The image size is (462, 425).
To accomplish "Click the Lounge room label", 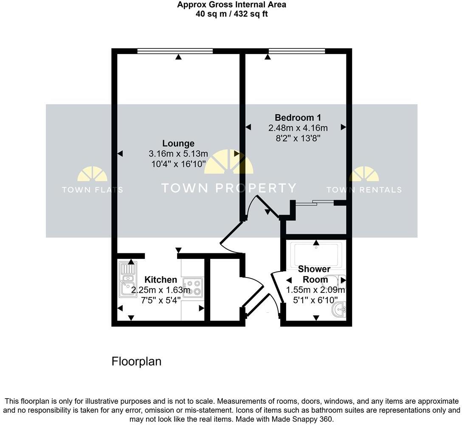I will coord(178,144).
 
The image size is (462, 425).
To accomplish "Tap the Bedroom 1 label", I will coord(298,118).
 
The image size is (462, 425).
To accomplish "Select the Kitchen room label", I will coord(161,280).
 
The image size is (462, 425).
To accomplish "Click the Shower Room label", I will coord(314,274).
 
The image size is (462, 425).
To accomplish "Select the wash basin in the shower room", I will coord(340,310).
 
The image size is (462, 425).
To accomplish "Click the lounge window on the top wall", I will coord(175,51).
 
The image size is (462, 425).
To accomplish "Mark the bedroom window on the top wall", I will coord(297,51).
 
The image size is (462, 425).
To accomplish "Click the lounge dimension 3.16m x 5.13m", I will coord(178,154).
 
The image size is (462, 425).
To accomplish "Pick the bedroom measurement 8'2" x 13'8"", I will coord(298,138).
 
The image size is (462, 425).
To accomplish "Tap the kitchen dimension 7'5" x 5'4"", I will coord(161,300).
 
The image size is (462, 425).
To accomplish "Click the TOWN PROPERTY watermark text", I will coord(228,188).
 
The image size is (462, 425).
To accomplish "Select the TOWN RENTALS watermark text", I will coord(364,190).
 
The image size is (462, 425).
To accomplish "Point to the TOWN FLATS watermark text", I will coord(92,190).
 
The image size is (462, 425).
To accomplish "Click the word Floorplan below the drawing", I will coord(136,361).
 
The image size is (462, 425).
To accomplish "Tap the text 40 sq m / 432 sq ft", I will coord(231,14).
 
